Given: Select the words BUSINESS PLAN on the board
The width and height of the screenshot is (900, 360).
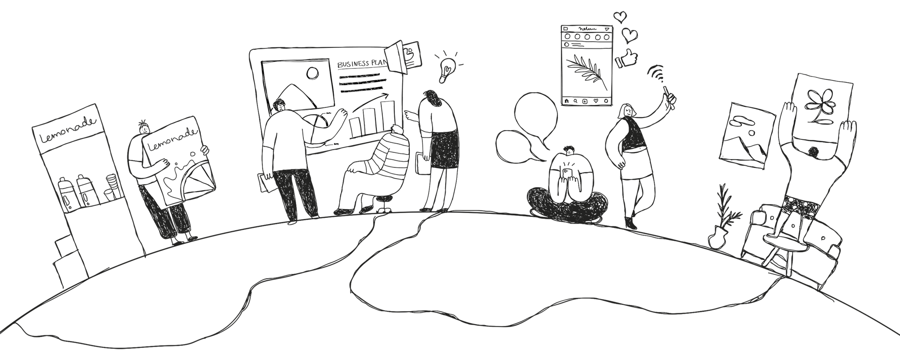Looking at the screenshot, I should (361, 64).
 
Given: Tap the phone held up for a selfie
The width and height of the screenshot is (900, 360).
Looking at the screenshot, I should (668, 92).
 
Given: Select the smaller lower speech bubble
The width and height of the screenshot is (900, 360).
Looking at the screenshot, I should (513, 145).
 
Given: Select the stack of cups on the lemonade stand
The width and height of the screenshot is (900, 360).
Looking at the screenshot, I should (112, 187).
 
